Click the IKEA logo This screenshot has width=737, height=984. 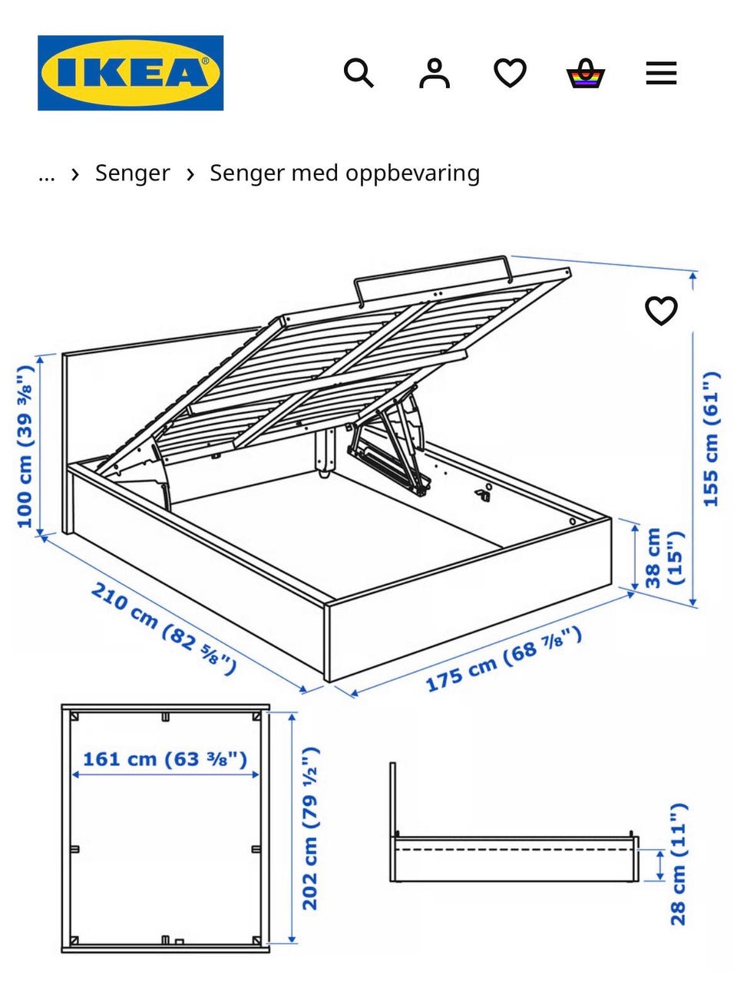click(131, 73)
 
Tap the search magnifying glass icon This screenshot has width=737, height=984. click(358, 74)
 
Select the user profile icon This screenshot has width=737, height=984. click(434, 74)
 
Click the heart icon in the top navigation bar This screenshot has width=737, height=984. click(510, 74)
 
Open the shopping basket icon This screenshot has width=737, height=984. click(586, 74)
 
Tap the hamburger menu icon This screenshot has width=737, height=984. click(661, 74)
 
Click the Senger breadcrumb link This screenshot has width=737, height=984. click(132, 173)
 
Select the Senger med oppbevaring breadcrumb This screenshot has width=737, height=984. click(345, 173)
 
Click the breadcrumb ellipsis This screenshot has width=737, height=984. click(47, 174)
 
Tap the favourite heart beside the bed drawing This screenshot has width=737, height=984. click(661, 311)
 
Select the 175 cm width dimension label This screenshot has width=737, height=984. click(504, 659)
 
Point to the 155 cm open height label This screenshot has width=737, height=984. click(712, 439)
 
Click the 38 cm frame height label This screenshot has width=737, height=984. click(663, 556)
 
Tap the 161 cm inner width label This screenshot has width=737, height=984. click(165, 759)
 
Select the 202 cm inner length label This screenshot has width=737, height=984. click(310, 829)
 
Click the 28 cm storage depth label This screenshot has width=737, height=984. click(679, 865)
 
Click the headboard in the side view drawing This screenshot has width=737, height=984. click(393, 798)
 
